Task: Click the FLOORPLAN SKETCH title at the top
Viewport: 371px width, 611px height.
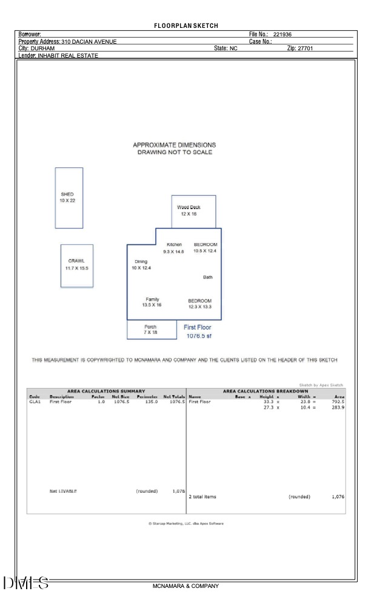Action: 185,25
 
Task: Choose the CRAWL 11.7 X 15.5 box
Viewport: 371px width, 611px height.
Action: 76,265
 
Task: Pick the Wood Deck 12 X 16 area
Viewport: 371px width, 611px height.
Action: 193,211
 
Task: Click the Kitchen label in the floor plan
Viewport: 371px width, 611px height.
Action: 174,245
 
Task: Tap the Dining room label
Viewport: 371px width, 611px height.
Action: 141,262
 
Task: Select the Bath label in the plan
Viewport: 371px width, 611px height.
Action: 207,278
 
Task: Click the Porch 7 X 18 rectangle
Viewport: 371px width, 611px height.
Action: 150,330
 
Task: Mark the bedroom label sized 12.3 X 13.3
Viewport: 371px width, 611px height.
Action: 199,304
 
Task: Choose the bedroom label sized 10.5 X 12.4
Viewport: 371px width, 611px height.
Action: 205,247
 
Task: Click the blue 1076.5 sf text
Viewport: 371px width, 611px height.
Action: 199,336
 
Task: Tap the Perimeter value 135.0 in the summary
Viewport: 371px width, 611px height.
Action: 149,401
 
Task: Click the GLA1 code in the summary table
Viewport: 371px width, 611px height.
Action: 35,401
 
